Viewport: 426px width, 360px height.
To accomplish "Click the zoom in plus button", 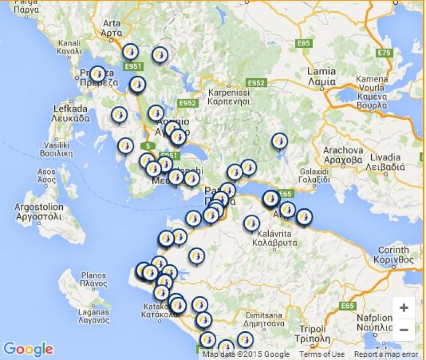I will (x=404, y=308).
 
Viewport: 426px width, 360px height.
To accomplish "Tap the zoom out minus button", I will (x=404, y=330).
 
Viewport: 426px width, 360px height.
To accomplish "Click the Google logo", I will (x=28, y=349).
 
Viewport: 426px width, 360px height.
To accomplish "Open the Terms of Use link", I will (x=322, y=354).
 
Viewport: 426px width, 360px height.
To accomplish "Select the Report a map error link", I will (x=386, y=354).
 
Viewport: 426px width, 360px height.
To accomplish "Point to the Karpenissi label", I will (x=229, y=95).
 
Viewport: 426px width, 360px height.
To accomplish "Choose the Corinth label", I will (x=394, y=255).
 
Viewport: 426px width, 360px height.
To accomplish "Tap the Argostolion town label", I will (x=38, y=211).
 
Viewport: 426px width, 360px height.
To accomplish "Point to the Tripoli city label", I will (x=314, y=333).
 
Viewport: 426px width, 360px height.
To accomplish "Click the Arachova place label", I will (x=343, y=155).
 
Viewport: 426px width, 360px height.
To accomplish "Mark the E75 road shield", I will (x=384, y=53).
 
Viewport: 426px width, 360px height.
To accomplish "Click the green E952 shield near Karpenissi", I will (x=256, y=83).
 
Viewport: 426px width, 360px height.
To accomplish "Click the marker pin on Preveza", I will (x=98, y=74).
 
